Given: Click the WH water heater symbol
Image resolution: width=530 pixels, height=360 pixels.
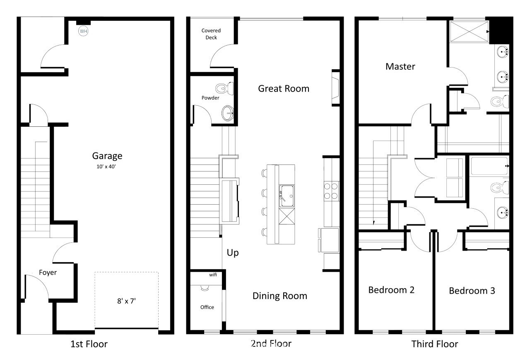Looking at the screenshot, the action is (x=83, y=31).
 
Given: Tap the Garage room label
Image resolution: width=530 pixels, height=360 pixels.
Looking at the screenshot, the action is (x=107, y=156).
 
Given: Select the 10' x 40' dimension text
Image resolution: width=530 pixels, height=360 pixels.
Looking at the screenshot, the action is (x=106, y=167).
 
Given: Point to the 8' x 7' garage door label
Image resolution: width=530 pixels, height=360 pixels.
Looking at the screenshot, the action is (x=126, y=301).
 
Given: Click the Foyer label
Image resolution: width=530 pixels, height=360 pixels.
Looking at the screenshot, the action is (x=48, y=273).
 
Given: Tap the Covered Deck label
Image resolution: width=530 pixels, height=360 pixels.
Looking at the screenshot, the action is (x=211, y=34).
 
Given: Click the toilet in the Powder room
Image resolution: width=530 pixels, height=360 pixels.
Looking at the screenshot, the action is (x=224, y=88).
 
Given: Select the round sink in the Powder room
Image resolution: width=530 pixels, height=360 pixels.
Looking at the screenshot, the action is (x=228, y=113).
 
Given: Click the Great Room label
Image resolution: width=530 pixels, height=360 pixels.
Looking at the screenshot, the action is (x=284, y=89).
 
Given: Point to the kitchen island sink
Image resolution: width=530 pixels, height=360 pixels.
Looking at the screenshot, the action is (x=287, y=196).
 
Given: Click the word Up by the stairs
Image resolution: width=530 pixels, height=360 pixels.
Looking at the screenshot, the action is (x=233, y=253).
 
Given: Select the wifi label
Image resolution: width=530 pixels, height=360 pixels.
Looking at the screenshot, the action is (x=213, y=275).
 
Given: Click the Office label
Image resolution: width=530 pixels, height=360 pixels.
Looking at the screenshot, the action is (x=207, y=307).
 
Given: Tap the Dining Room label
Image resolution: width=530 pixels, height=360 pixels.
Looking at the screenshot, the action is (x=280, y=296).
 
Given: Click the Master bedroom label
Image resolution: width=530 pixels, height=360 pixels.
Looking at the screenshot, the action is (x=400, y=67).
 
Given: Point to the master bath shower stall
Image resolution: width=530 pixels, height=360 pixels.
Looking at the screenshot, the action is (x=469, y=32).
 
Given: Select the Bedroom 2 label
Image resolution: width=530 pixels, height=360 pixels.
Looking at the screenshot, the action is (x=391, y=290).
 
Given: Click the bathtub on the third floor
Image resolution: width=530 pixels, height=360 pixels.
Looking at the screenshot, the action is (x=489, y=166).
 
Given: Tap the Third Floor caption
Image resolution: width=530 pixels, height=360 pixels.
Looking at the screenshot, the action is (x=435, y=344).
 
